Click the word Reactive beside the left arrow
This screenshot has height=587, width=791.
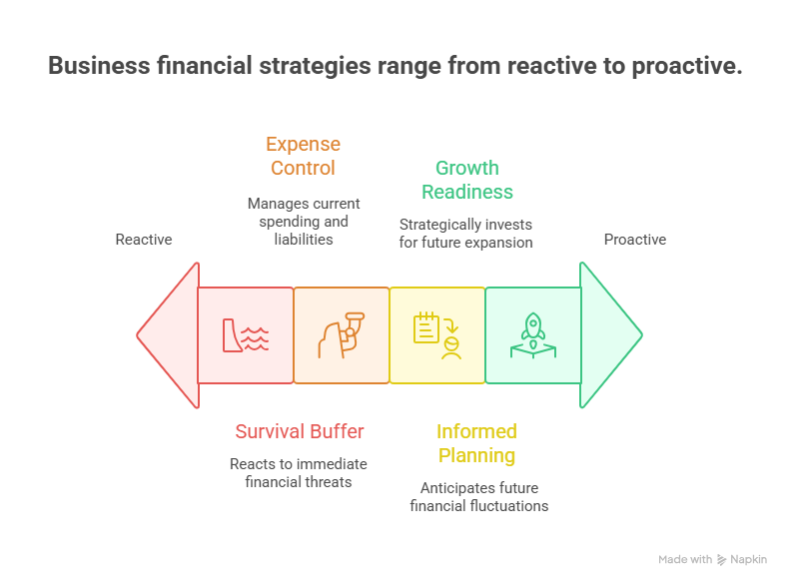[x=144, y=240]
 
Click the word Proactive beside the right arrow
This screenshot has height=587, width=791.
[x=634, y=240]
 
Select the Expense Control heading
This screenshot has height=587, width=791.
[x=303, y=156]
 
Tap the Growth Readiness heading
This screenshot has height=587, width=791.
[x=466, y=180]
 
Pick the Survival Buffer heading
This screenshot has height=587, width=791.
[x=299, y=431]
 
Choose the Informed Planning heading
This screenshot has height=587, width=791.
[x=476, y=443]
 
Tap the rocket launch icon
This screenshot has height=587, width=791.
[x=532, y=335]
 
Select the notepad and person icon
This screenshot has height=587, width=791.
[x=437, y=335]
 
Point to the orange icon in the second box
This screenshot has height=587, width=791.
[x=341, y=335]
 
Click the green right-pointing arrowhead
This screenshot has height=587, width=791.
[x=610, y=335]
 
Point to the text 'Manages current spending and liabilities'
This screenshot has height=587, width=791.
[x=304, y=221]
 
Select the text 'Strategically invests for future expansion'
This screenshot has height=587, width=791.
[x=466, y=234]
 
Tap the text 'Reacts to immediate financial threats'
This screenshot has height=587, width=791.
[x=298, y=473]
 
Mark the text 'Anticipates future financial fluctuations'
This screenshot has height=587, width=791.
[x=478, y=497]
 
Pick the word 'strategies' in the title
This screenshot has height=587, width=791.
[x=309, y=67]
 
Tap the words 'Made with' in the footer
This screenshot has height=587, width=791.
[x=685, y=560]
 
